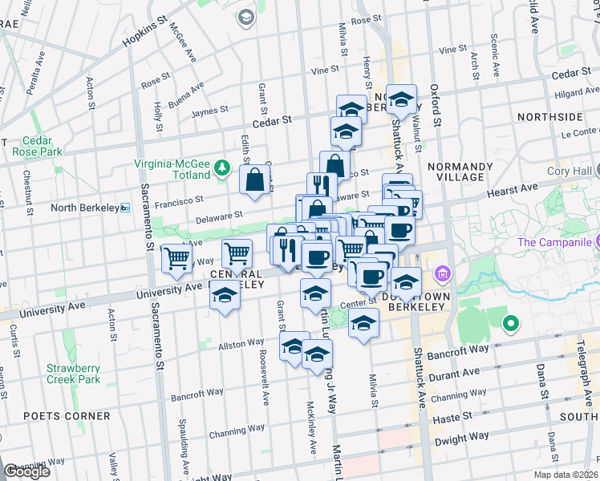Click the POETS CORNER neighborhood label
[67, 416]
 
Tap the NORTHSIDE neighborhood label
[549, 116]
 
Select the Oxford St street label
[437, 104]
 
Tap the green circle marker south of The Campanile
[509, 324]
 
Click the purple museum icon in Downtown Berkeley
[440, 276]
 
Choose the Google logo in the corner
[26, 472]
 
